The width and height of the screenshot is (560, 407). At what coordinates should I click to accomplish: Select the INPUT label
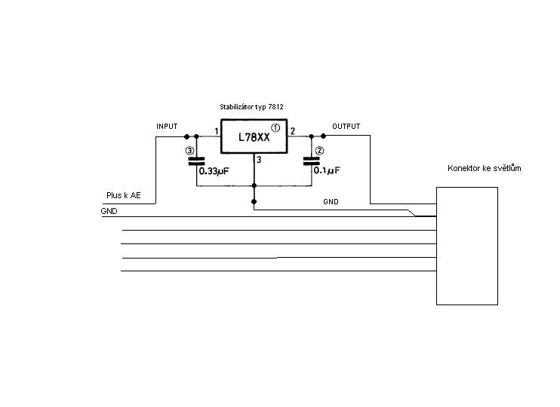click(167, 127)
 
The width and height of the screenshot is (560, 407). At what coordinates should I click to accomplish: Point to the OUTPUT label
click(346, 127)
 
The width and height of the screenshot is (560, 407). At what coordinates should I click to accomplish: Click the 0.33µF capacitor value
click(213, 171)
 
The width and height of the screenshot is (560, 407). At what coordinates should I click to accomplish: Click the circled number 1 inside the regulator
click(275, 127)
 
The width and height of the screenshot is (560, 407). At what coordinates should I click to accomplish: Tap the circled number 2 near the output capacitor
click(319, 150)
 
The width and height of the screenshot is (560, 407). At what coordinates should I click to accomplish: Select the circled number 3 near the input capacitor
click(189, 151)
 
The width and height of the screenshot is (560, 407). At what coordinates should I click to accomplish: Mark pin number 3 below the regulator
click(258, 159)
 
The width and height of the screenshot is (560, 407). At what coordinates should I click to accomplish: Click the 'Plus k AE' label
click(122, 196)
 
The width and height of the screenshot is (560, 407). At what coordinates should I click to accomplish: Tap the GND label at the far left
click(109, 212)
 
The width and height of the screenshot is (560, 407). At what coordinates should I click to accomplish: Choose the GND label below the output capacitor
click(331, 202)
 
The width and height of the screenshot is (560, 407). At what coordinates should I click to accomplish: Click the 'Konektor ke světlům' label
click(484, 168)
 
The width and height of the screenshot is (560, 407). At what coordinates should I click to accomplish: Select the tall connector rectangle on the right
click(467, 246)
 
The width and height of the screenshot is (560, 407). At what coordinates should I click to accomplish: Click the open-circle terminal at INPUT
click(186, 136)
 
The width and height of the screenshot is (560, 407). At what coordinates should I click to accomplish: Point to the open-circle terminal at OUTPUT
click(323, 136)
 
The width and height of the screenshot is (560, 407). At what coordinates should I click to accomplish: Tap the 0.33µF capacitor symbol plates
click(196, 161)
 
